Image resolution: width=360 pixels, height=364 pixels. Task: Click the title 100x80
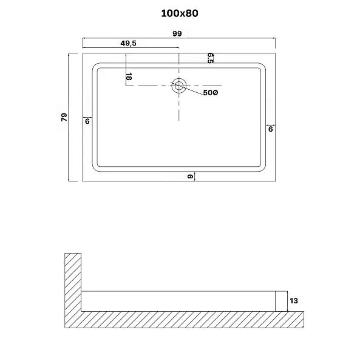pos(180,13)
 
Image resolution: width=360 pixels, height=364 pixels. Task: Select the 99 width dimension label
pos(177,33)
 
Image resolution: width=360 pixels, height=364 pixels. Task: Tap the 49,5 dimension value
pos(129,43)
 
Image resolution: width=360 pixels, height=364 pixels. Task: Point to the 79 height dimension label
pos(64,117)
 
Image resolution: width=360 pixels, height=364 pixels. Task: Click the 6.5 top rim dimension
pos(211,58)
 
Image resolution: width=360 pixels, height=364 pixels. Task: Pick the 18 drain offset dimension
pos(129,76)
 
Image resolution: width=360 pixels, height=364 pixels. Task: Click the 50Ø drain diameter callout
pos(211,93)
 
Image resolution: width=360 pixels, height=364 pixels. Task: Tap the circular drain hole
pos(179,86)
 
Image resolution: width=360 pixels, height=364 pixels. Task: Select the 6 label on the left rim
pos(87,121)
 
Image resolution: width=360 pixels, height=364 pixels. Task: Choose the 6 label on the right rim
pos(271,129)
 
